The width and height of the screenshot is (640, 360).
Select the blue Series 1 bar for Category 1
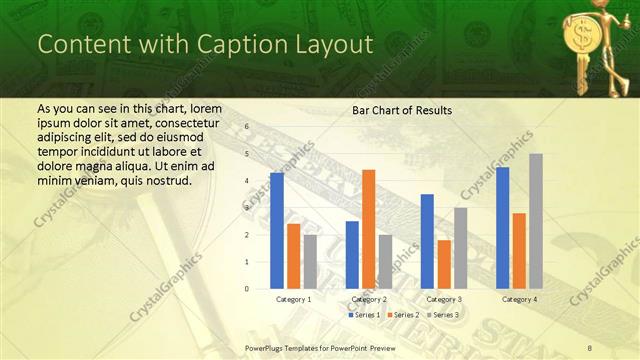tap(277, 231)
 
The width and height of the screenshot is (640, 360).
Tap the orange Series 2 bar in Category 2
tap(369, 229)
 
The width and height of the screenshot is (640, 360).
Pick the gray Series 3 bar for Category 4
tap(536, 221)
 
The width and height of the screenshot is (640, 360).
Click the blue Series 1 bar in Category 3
tap(427, 241)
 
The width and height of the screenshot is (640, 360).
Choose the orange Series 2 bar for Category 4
tap(519, 251)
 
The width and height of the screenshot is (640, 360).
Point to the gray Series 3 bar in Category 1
tap(310, 262)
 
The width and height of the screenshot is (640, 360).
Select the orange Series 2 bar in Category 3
tap(444, 264)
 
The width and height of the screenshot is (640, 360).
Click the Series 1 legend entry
tap(364, 315)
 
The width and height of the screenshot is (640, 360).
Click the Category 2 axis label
tap(369, 299)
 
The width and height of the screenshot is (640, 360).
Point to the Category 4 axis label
tap(519, 299)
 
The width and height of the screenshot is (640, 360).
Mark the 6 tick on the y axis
tap(247, 128)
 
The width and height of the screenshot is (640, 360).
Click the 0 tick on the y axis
tap(247, 289)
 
